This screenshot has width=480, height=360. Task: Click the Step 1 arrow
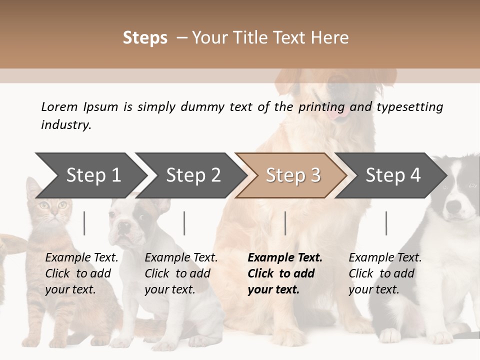tap(92, 175)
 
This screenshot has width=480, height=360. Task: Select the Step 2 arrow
tap(192, 175)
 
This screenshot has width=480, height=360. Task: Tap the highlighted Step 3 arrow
tap(292, 175)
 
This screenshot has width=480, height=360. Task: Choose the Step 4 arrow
tap(392, 175)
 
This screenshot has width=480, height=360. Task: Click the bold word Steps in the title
tap(145, 38)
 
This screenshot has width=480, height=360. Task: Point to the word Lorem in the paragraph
tap(59, 107)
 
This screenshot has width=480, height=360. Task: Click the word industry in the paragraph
tap(66, 125)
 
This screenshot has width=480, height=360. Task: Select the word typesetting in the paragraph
tap(409, 107)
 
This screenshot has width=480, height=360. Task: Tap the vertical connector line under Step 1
tap(84, 223)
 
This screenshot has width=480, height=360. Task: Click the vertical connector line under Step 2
tap(184, 223)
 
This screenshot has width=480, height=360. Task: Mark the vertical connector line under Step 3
tap(285, 223)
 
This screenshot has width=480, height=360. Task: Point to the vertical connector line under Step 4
tap(386, 223)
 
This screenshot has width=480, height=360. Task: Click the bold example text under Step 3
tap(284, 273)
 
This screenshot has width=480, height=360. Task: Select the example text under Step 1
tap(81, 273)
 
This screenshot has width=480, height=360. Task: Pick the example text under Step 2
tap(181, 273)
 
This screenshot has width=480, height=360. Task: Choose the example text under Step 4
tap(385, 273)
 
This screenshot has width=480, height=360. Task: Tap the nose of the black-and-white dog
tap(453, 206)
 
